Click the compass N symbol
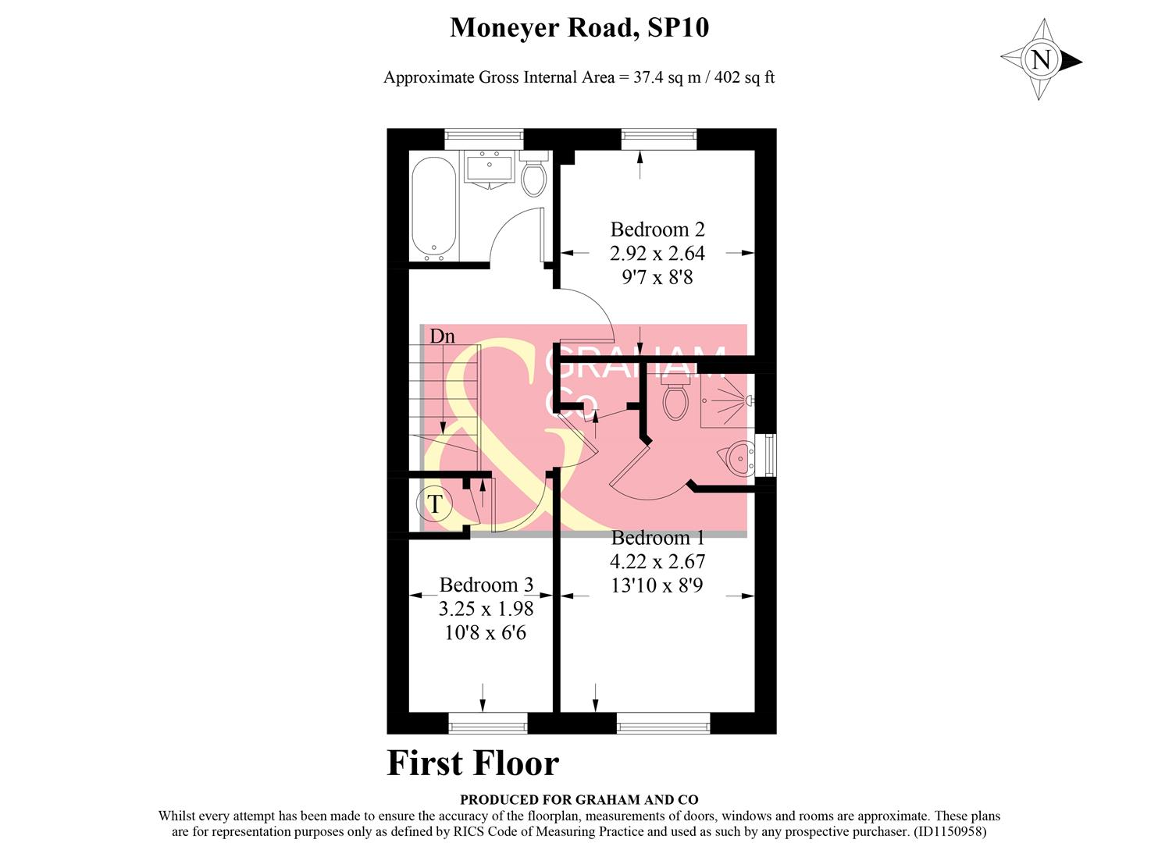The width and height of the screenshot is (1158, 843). (x=1041, y=60)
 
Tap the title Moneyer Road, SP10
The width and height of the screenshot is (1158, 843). (x=579, y=28)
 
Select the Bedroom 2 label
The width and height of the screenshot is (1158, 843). (x=657, y=229)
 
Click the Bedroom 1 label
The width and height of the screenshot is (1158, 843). (x=657, y=538)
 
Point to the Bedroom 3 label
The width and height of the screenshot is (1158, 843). (x=486, y=585)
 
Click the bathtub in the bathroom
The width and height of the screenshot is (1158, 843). (x=433, y=208)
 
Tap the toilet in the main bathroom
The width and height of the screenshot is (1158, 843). (x=534, y=176)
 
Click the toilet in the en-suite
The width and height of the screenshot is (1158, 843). (x=674, y=399)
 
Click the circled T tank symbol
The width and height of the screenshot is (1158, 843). (x=435, y=504)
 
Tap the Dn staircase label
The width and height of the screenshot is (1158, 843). (x=442, y=336)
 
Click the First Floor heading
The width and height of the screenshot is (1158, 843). (x=473, y=763)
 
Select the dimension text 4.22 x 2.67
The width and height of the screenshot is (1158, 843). (x=657, y=561)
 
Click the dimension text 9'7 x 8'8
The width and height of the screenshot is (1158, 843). (x=657, y=277)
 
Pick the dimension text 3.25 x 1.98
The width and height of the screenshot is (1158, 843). (x=486, y=609)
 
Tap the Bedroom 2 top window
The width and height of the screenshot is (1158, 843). (x=657, y=138)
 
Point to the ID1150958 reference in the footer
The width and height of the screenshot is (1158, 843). (x=955, y=833)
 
